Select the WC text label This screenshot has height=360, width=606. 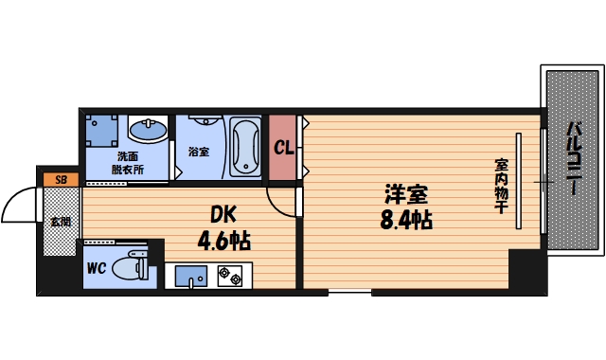[x=96, y=268]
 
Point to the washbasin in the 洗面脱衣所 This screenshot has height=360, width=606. [x=147, y=130]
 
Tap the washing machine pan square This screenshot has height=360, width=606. [x=101, y=131]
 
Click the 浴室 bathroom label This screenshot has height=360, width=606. [x=198, y=152]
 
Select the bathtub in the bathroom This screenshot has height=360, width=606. [x=244, y=146]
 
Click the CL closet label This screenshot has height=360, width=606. [x=283, y=148]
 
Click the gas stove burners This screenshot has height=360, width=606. [x=231, y=277]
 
